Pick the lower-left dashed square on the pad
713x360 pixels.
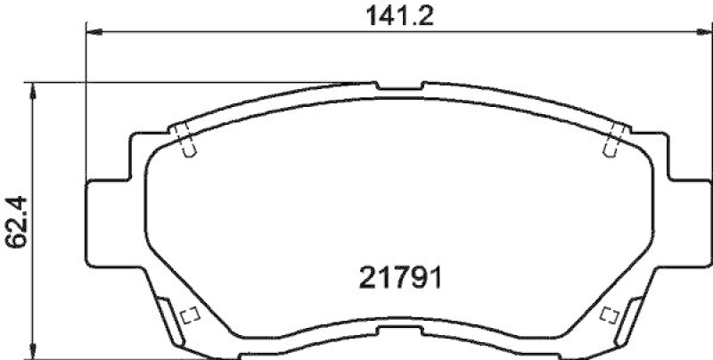tap(188, 315)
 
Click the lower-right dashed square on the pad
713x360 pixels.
tap(610, 315)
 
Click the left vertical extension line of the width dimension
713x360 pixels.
tap(86, 107)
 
